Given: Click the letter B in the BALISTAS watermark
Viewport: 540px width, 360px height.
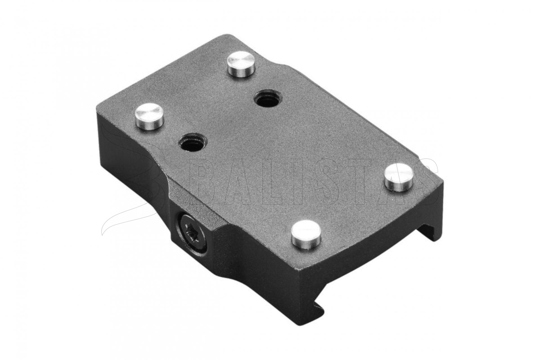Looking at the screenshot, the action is (x=209, y=186).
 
